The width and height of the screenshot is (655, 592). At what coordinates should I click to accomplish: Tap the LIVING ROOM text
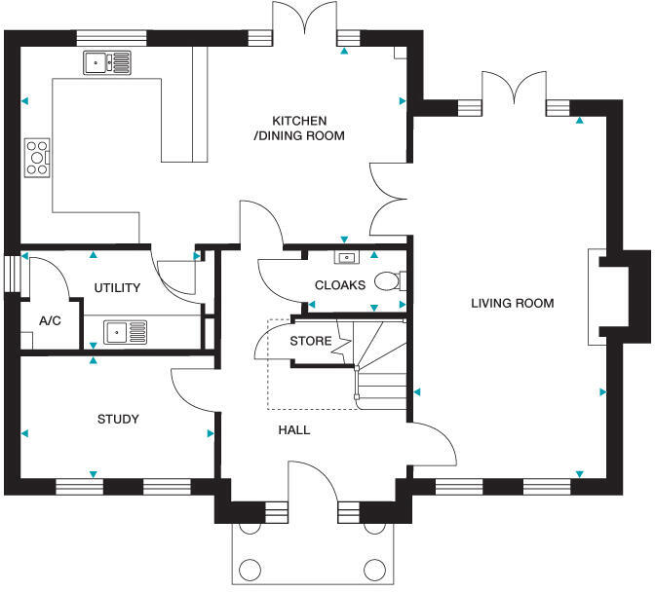coord(512,304)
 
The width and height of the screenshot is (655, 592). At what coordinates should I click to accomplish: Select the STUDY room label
coord(118,420)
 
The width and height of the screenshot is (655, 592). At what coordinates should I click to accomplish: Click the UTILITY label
coord(117,288)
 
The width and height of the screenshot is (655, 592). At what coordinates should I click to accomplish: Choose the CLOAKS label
coord(340,285)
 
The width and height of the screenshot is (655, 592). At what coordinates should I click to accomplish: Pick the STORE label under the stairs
coord(311,342)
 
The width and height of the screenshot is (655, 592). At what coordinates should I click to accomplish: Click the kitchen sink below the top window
coord(107,63)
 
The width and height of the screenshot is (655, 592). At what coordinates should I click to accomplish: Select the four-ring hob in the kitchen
coord(37,158)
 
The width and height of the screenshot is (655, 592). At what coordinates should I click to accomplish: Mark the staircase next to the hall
coord(380,370)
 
